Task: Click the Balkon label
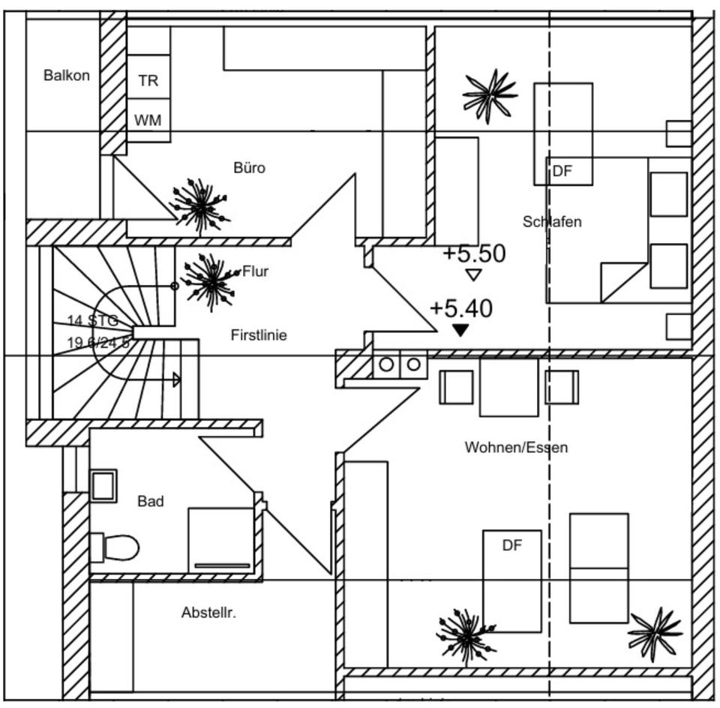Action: click(66, 75)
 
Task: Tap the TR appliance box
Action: click(148, 80)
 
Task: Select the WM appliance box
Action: click(148, 120)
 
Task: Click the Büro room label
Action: click(249, 168)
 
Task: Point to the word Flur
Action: click(255, 271)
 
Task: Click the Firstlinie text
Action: click(259, 335)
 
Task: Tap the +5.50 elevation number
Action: click(474, 253)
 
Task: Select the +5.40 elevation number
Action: click(460, 308)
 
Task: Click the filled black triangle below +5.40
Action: click(460, 329)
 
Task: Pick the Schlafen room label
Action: click(552, 221)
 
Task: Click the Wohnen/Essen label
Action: click(516, 448)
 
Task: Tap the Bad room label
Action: click(150, 501)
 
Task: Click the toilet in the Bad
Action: click(116, 547)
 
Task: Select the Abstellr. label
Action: click(208, 613)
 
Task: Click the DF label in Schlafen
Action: click(562, 171)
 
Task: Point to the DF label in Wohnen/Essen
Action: click(511, 545)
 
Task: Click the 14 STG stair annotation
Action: click(92, 320)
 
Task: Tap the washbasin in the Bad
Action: click(103, 485)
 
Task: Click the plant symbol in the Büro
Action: click(199, 204)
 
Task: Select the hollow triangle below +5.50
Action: click(473, 274)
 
